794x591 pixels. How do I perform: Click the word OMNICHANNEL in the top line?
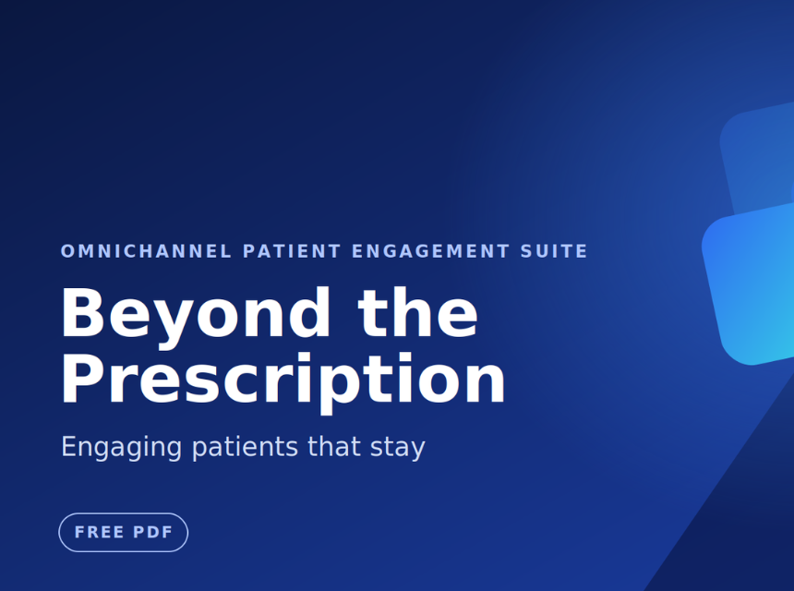[147, 251]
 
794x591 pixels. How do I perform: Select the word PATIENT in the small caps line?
[292, 251]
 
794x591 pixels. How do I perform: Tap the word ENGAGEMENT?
[430, 251]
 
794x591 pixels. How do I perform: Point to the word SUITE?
[554, 251]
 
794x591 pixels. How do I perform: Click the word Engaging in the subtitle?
[122, 448]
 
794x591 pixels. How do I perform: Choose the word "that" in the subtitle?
[334, 446]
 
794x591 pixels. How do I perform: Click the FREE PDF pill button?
[124, 532]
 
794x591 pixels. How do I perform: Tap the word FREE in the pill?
[100, 532]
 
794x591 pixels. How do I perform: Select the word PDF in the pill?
[153, 532]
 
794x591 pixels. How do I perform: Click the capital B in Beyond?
[82, 312]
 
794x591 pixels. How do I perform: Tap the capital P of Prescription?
[82, 378]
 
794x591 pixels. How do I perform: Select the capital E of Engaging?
[69, 446]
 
